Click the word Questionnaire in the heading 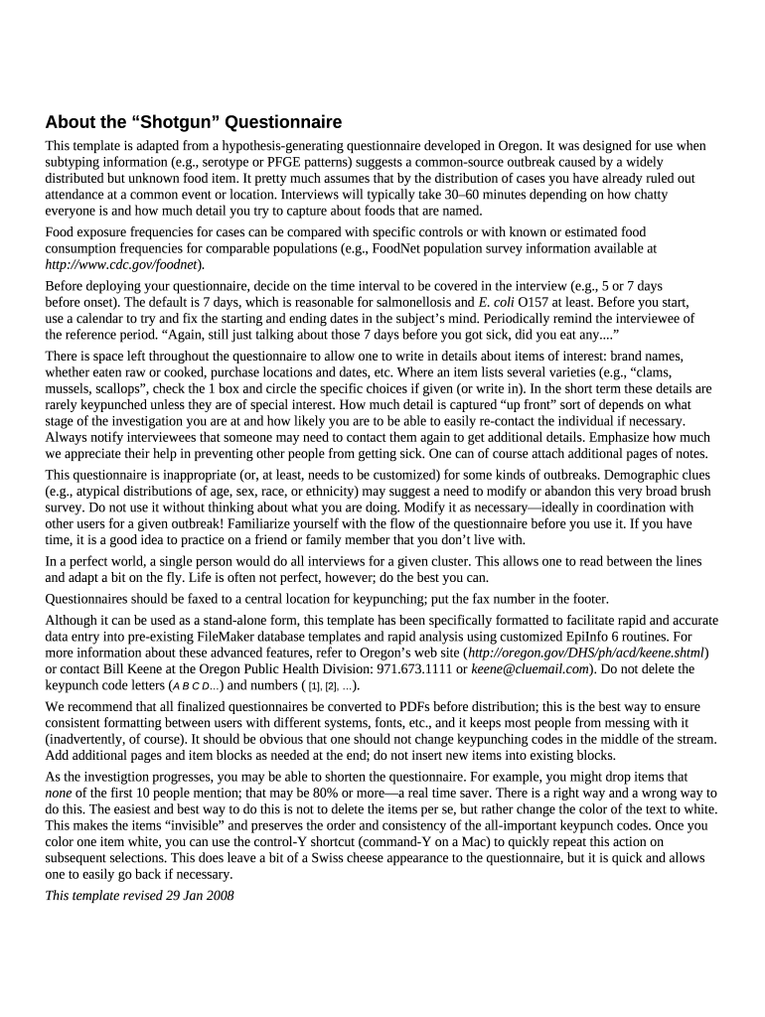pyautogui.click(x=283, y=123)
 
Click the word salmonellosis pyautogui.click(x=421, y=301)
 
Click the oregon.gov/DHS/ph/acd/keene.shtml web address pyautogui.click(x=586, y=653)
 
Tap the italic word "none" pyautogui.click(x=61, y=793)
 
